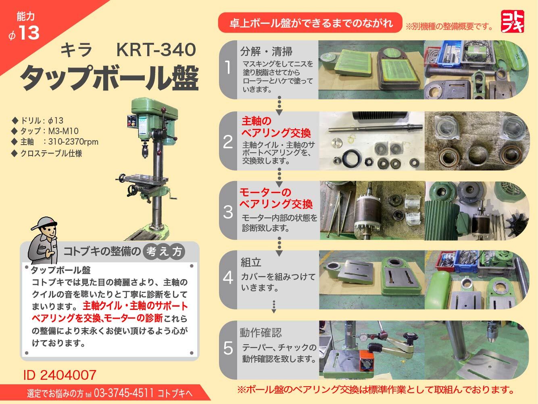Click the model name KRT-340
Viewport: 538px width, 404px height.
[156, 50]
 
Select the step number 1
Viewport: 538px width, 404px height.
[228, 67]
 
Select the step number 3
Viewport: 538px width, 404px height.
[228, 211]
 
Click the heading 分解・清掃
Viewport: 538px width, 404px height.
[266, 51]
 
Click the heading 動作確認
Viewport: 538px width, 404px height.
[261, 332]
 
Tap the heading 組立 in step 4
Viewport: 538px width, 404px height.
[251, 262]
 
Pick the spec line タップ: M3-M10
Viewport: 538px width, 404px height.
[49, 131]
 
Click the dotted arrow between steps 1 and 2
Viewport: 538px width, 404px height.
[279, 106]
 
